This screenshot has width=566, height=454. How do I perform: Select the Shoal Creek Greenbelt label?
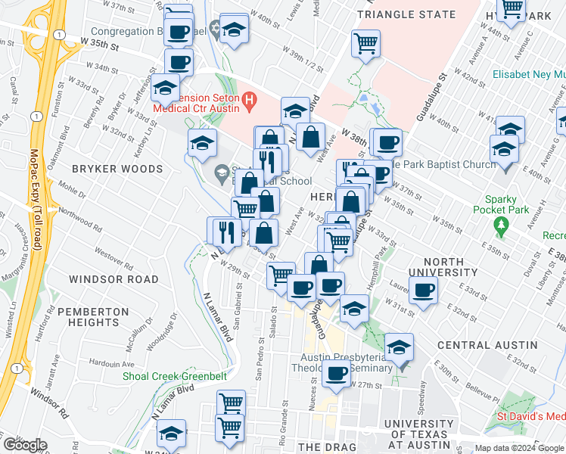click(x=172, y=372)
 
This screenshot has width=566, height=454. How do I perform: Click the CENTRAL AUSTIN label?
click(x=487, y=345)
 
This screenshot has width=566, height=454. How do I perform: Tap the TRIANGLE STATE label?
click(x=406, y=14)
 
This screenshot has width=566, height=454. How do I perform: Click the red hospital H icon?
click(x=249, y=100)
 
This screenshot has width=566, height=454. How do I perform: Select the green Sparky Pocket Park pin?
click(x=499, y=225)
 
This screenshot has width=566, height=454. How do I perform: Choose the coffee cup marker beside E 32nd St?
click(x=423, y=290)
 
